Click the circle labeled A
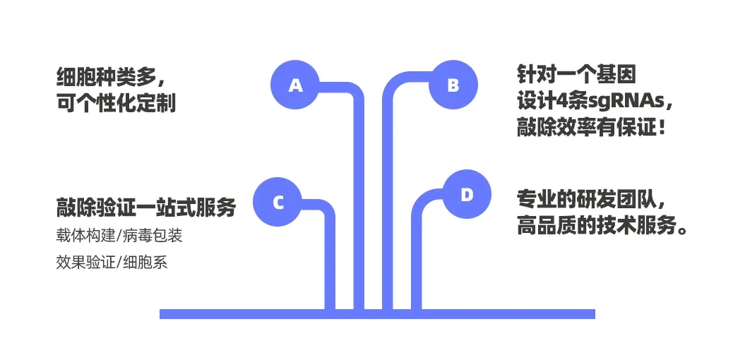click(296, 85)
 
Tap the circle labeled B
click(453, 85)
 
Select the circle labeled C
click(278, 203)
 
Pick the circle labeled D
click(467, 195)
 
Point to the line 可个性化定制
click(116, 103)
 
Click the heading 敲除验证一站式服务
click(145, 208)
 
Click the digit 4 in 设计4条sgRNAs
click(562, 102)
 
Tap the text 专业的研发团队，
click(592, 199)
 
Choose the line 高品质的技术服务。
click(602, 227)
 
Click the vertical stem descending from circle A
click(359, 212)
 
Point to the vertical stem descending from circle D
click(416, 261)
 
